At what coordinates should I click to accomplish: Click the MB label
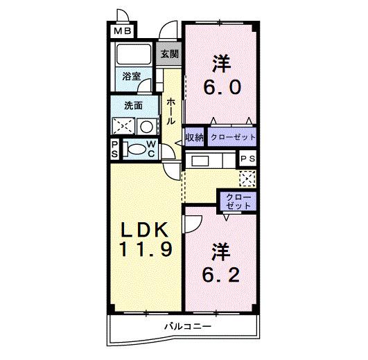[122, 31]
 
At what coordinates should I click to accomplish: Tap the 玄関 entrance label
[170, 54]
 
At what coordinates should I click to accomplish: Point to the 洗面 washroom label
[133, 106]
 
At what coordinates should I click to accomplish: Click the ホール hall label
[170, 111]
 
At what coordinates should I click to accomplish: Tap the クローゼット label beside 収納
[233, 137]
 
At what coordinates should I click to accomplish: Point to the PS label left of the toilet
[115, 149]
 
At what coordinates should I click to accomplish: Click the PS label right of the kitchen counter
[247, 159]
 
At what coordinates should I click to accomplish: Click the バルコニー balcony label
[186, 325]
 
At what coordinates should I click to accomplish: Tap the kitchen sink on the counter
[200, 161]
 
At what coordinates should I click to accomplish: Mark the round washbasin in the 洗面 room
[147, 126]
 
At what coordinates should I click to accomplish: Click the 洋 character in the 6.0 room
[221, 63]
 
